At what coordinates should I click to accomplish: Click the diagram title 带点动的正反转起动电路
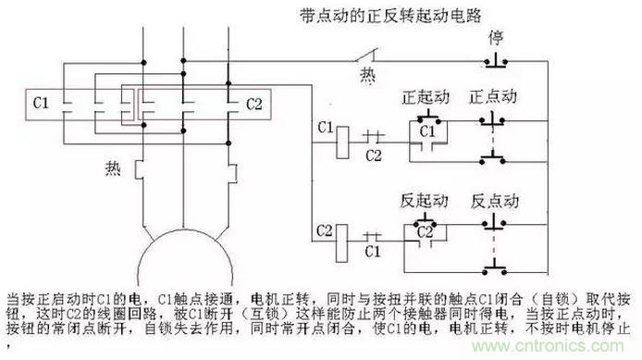(x=390, y=16)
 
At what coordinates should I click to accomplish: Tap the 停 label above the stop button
(x=496, y=38)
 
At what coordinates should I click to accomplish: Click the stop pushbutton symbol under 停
(x=496, y=60)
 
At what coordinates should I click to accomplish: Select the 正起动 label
(x=426, y=97)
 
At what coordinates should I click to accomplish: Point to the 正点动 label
(x=493, y=96)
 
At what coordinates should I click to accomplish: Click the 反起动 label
(x=425, y=201)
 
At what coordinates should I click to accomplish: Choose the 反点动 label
(x=495, y=201)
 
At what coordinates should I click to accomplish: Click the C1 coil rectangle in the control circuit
(x=342, y=143)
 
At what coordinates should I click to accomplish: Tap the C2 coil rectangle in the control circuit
(x=341, y=243)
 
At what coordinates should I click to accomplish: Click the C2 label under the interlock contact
(x=374, y=155)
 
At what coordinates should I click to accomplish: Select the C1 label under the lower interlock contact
(x=373, y=251)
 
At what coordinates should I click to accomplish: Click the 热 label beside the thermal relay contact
(x=367, y=76)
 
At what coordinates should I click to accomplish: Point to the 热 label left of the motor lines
(x=113, y=168)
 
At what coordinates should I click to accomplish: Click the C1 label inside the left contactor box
(x=41, y=103)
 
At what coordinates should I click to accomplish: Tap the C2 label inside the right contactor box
(x=253, y=104)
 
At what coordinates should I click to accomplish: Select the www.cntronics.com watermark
(x=548, y=346)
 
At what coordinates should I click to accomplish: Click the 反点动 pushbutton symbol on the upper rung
(x=494, y=222)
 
